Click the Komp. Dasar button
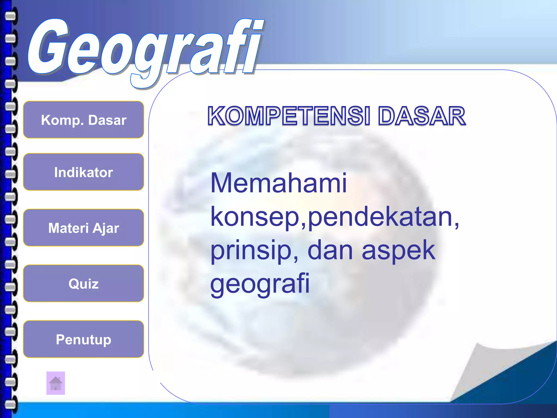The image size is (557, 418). [x=83, y=120]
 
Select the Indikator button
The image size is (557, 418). [x=83, y=172]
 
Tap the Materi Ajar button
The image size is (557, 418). [x=83, y=228]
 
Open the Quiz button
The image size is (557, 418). [x=83, y=284]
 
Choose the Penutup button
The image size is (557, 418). [x=83, y=339]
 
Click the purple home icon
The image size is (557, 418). [x=56, y=383]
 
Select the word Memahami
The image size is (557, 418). [x=278, y=183]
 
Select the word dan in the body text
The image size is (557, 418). [x=330, y=250]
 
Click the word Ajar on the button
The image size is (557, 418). [x=106, y=228]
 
